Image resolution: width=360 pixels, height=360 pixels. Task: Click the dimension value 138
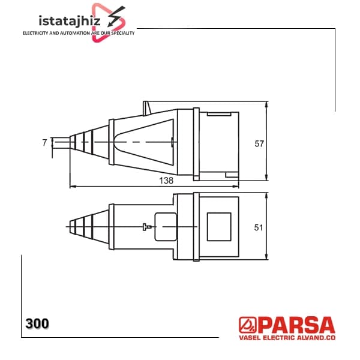click(166, 181)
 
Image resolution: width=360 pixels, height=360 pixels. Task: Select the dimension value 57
click(259, 144)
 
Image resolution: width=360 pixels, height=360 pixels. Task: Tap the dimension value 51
click(259, 227)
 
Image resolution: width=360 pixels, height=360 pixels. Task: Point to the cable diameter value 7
click(44, 143)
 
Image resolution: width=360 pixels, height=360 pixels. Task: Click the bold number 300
click(37, 323)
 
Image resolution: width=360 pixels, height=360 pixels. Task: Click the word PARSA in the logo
click(298, 325)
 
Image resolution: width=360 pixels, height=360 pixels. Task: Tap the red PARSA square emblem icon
click(247, 325)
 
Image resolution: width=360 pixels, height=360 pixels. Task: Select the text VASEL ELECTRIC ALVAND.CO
click(287, 338)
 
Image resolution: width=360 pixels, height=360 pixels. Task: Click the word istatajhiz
click(70, 20)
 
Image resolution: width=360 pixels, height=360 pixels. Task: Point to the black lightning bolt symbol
click(116, 16)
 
